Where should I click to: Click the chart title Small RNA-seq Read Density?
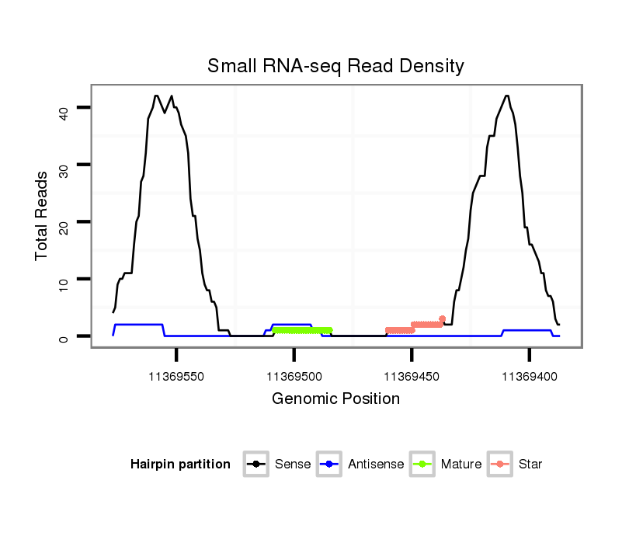coord(335,66)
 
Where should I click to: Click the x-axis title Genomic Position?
coord(335,399)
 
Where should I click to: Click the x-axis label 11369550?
coord(176,376)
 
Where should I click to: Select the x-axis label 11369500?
coord(294,376)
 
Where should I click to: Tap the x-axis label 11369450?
coord(412,376)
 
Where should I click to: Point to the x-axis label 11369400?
coord(529,376)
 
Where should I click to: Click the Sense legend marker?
coord(255,465)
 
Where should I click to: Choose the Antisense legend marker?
coord(329,465)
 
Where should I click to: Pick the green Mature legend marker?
coord(422,465)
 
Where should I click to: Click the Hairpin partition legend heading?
coord(180,465)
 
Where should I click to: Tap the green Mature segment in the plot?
coord(302,330)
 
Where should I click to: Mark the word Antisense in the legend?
coord(376,465)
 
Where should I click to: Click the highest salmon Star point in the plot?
coord(442,318)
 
